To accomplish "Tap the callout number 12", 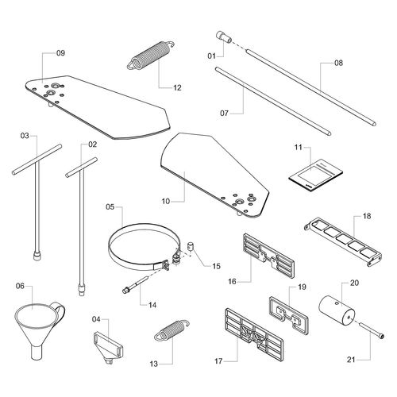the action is (177, 87).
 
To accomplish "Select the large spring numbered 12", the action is (151, 56).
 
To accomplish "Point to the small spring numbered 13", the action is (172, 329).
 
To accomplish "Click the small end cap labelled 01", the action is (224, 37).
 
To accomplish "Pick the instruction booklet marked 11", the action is (315, 175).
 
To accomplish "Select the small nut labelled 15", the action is (191, 247).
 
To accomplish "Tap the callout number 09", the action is (60, 53).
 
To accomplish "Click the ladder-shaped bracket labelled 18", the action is (343, 241).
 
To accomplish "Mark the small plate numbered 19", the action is (289, 315).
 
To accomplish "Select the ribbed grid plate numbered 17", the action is (254, 334).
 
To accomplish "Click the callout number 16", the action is (232, 282).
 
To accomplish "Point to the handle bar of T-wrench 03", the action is (37, 159).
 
